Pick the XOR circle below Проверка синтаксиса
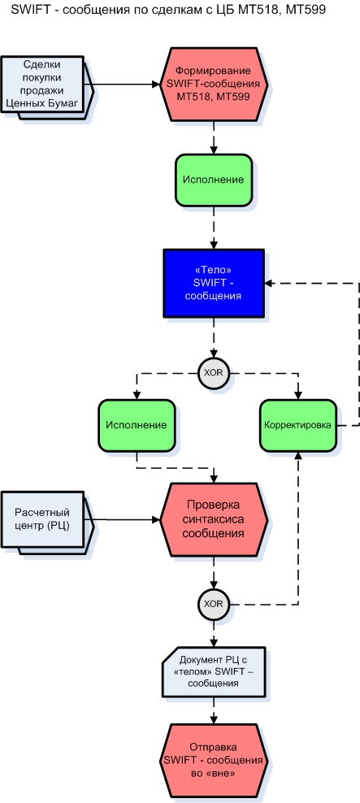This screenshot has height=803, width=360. [x=213, y=604]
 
